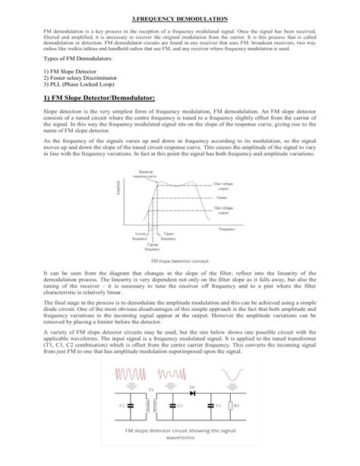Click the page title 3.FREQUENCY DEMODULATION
tap(180, 16)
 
